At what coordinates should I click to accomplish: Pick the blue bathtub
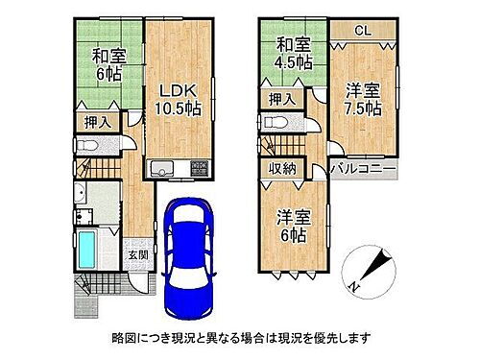tap(85, 249)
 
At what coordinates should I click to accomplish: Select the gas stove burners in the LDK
tap(200, 168)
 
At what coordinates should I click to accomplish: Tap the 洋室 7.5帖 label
tap(360, 99)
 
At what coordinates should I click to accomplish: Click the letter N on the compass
tap(352, 285)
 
